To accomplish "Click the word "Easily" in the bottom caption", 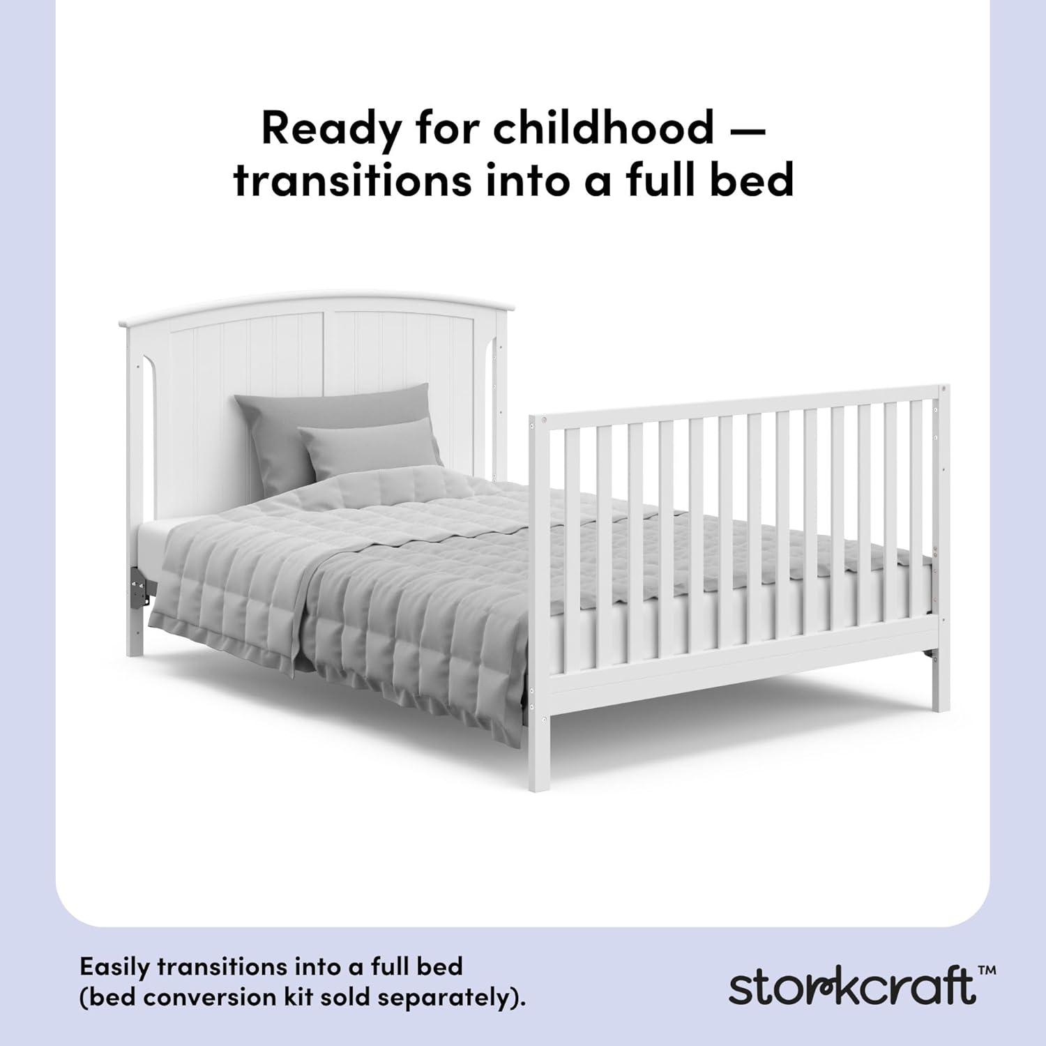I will [114, 968].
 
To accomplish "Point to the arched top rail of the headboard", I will [314, 307].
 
